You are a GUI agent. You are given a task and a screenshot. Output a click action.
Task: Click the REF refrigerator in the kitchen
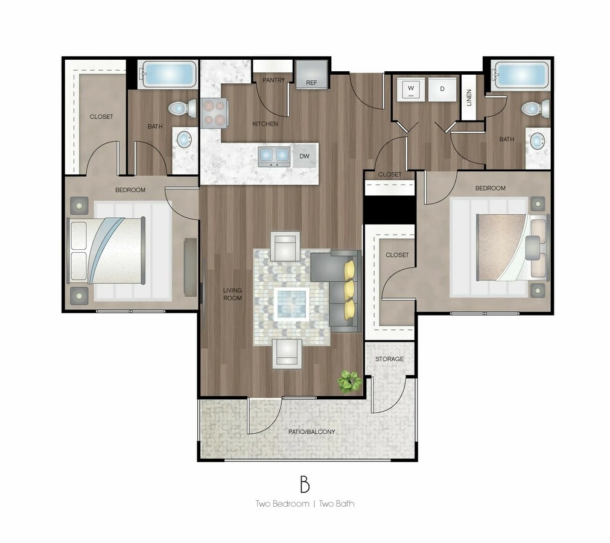click(x=311, y=74)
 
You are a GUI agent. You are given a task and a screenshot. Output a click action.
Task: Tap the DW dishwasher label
click(x=304, y=156)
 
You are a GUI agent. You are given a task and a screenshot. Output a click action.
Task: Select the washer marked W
click(x=411, y=89)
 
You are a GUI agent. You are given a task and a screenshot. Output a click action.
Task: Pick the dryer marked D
click(x=442, y=89)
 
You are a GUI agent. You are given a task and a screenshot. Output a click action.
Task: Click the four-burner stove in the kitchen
click(x=214, y=113)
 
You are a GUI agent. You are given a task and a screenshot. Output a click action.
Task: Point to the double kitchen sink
click(x=274, y=156)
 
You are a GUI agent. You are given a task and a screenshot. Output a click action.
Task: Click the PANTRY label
click(x=273, y=80)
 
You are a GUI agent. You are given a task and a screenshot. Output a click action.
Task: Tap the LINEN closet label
click(x=469, y=98)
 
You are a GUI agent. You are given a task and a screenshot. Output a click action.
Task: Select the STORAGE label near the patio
click(x=389, y=359)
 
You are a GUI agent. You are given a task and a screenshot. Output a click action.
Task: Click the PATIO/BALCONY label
click(x=311, y=432)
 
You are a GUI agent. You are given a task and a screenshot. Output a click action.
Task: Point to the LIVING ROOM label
click(x=232, y=294)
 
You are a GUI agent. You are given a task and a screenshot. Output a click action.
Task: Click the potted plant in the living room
click(x=350, y=381)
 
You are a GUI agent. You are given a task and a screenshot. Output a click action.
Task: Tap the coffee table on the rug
click(x=291, y=304)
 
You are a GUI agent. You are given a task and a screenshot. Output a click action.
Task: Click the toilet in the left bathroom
click(x=183, y=108)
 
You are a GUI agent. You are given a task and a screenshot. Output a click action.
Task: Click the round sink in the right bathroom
click(x=537, y=141)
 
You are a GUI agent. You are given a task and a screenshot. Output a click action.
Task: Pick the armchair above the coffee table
click(x=285, y=246)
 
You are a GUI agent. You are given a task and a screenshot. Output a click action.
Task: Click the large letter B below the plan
click(x=305, y=484)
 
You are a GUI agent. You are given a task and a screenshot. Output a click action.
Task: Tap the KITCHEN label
click(x=265, y=124)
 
